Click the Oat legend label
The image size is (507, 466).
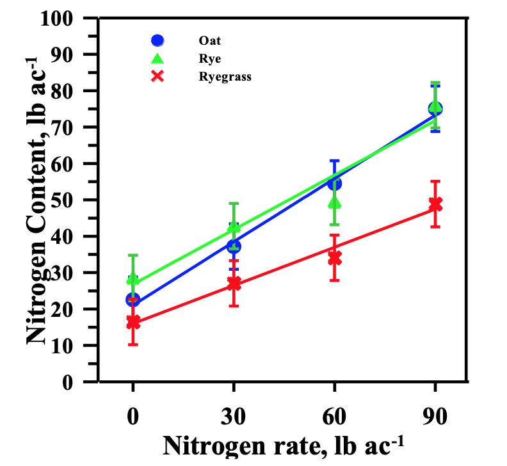(210, 40)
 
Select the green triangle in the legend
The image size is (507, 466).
(157, 58)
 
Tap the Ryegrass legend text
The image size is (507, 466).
(225, 76)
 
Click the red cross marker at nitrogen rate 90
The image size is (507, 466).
(435, 204)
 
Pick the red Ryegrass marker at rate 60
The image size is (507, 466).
(334, 259)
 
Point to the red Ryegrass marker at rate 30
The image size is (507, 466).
(234, 283)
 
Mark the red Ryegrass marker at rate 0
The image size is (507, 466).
(133, 322)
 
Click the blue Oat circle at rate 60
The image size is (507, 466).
(334, 184)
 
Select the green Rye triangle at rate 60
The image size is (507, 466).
(334, 203)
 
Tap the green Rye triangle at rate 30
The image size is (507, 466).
(234, 227)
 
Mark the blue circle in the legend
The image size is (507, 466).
(157, 40)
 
